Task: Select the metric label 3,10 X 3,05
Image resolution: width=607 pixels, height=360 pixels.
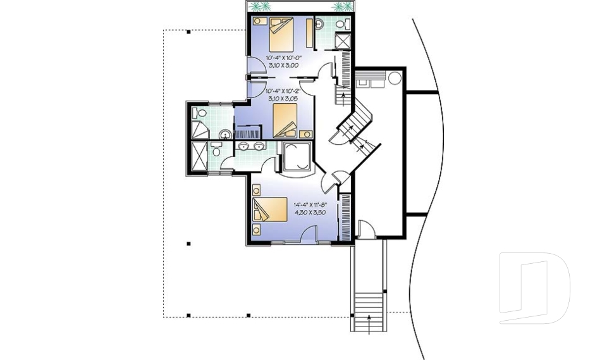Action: (283, 99)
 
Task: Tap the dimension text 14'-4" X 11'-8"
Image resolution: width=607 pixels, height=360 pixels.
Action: (309, 205)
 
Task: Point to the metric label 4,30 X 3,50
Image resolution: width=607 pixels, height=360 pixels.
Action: (309, 213)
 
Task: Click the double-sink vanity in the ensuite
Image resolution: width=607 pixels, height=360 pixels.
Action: (251, 147)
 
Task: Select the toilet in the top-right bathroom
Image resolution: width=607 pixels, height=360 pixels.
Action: (342, 24)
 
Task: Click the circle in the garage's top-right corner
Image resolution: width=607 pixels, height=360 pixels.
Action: (394, 79)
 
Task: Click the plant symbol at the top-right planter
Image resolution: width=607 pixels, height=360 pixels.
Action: (341, 7)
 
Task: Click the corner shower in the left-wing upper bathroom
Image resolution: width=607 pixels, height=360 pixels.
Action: (199, 130)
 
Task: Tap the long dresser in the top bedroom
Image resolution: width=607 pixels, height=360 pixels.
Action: (309, 33)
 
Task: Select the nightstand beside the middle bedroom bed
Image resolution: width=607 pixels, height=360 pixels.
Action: (306, 133)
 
